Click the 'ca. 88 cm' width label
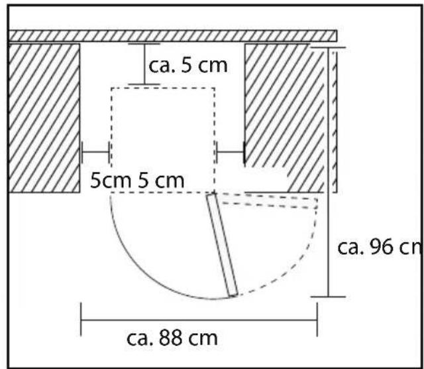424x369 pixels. tap(172, 338)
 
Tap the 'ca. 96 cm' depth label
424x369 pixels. tap(380, 247)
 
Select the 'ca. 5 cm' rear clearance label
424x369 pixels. tap(188, 65)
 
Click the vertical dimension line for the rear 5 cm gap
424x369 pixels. tap(144, 64)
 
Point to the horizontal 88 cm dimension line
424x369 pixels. tap(199, 320)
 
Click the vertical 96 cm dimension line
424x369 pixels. tap(328, 172)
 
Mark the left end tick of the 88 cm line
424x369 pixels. tap(81, 320)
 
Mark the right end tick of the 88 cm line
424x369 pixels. tap(317, 320)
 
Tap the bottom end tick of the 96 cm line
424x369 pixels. tap(328, 297)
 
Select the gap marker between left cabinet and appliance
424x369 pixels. tap(95, 152)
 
